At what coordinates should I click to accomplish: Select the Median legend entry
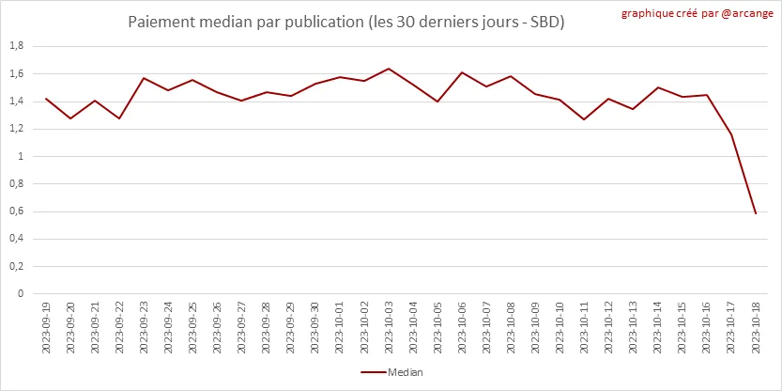pos(391,372)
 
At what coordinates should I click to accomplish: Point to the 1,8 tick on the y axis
pos(16,46)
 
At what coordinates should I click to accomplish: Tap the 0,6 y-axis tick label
pos(16,211)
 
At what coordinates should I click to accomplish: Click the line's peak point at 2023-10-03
pos(389,69)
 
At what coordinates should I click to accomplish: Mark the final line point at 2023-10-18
pos(756,214)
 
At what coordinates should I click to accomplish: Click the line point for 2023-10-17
pos(731,134)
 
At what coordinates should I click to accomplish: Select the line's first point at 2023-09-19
pos(46,99)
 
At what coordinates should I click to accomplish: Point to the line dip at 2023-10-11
pos(584,119)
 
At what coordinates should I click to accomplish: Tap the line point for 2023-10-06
pos(462,72)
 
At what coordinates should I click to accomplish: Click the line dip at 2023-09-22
pos(119,118)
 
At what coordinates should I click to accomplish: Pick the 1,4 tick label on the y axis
pos(16,102)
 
